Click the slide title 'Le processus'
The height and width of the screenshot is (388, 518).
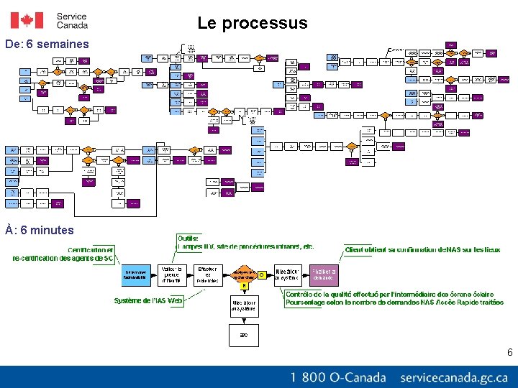[x=253, y=23]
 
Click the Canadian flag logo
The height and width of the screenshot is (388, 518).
[x=27, y=20]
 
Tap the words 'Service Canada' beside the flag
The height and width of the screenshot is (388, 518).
[x=72, y=20]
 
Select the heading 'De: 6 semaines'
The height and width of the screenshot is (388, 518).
[x=47, y=45]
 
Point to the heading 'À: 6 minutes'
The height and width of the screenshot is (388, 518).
[x=40, y=231]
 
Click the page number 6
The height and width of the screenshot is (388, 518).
[x=509, y=352]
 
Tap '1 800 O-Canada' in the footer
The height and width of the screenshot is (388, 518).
[x=338, y=377]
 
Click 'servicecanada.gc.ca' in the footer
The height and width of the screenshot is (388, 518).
[x=454, y=377]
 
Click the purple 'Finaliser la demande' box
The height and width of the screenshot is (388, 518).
[x=323, y=274]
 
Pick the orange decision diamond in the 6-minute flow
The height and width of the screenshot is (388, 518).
[x=244, y=274]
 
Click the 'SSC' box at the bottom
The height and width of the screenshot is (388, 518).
[x=244, y=334]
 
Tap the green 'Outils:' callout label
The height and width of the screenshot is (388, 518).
[x=188, y=238]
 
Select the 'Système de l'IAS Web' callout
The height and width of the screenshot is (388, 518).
[x=148, y=301]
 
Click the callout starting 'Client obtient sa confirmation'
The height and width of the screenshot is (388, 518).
[x=422, y=250]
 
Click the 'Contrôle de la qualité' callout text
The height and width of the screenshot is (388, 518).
[x=394, y=298]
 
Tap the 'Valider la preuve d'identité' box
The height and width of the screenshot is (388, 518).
[x=171, y=274]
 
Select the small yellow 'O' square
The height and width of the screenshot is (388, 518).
[x=262, y=274]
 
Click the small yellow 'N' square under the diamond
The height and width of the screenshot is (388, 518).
[x=244, y=286]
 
